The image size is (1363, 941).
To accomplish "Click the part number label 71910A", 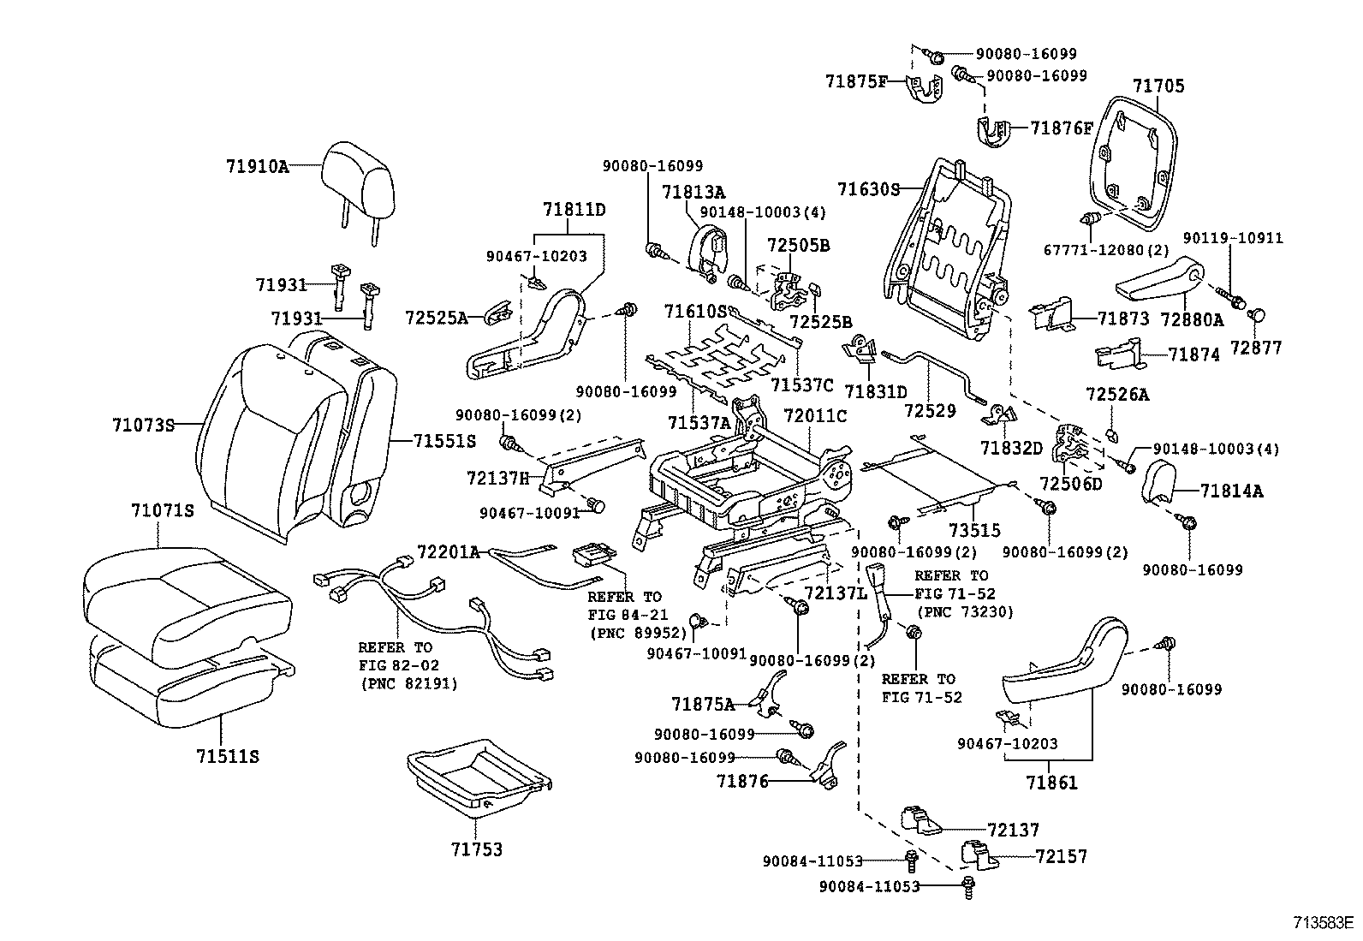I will (x=258, y=167).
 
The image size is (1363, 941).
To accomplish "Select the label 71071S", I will (x=163, y=511).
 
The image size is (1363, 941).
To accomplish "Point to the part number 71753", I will (x=478, y=849).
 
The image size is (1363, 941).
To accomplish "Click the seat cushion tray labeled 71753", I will (x=479, y=774).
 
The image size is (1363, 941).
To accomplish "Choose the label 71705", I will (x=1158, y=86).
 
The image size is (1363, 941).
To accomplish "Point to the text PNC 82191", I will (x=408, y=683).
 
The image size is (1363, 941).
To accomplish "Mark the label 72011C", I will (x=814, y=416).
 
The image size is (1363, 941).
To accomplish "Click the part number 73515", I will (x=974, y=531).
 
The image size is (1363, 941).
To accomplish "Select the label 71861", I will (x=1052, y=782).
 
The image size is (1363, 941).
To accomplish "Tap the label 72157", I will (x=1062, y=856).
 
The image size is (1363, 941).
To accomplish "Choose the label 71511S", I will (x=227, y=756).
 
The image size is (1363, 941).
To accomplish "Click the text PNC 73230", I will (x=965, y=612).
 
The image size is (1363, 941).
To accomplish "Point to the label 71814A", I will (x=1231, y=491).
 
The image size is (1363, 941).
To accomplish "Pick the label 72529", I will (x=929, y=411).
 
